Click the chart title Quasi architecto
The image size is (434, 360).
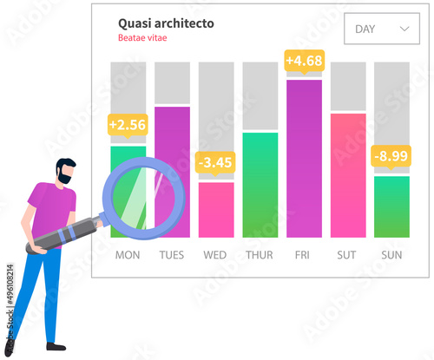166,23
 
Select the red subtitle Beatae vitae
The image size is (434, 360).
142,38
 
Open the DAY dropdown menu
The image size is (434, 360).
381,29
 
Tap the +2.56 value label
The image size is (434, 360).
128,125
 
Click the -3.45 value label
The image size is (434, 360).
215,161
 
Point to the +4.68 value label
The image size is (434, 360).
304,61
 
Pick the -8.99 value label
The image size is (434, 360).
391,156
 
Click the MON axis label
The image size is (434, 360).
128,256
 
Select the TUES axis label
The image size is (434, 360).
172,256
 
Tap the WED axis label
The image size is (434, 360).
215,256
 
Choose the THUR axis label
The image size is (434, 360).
260,256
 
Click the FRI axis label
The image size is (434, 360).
304,256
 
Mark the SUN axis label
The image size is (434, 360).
391,256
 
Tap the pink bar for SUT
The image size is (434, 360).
348,174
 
